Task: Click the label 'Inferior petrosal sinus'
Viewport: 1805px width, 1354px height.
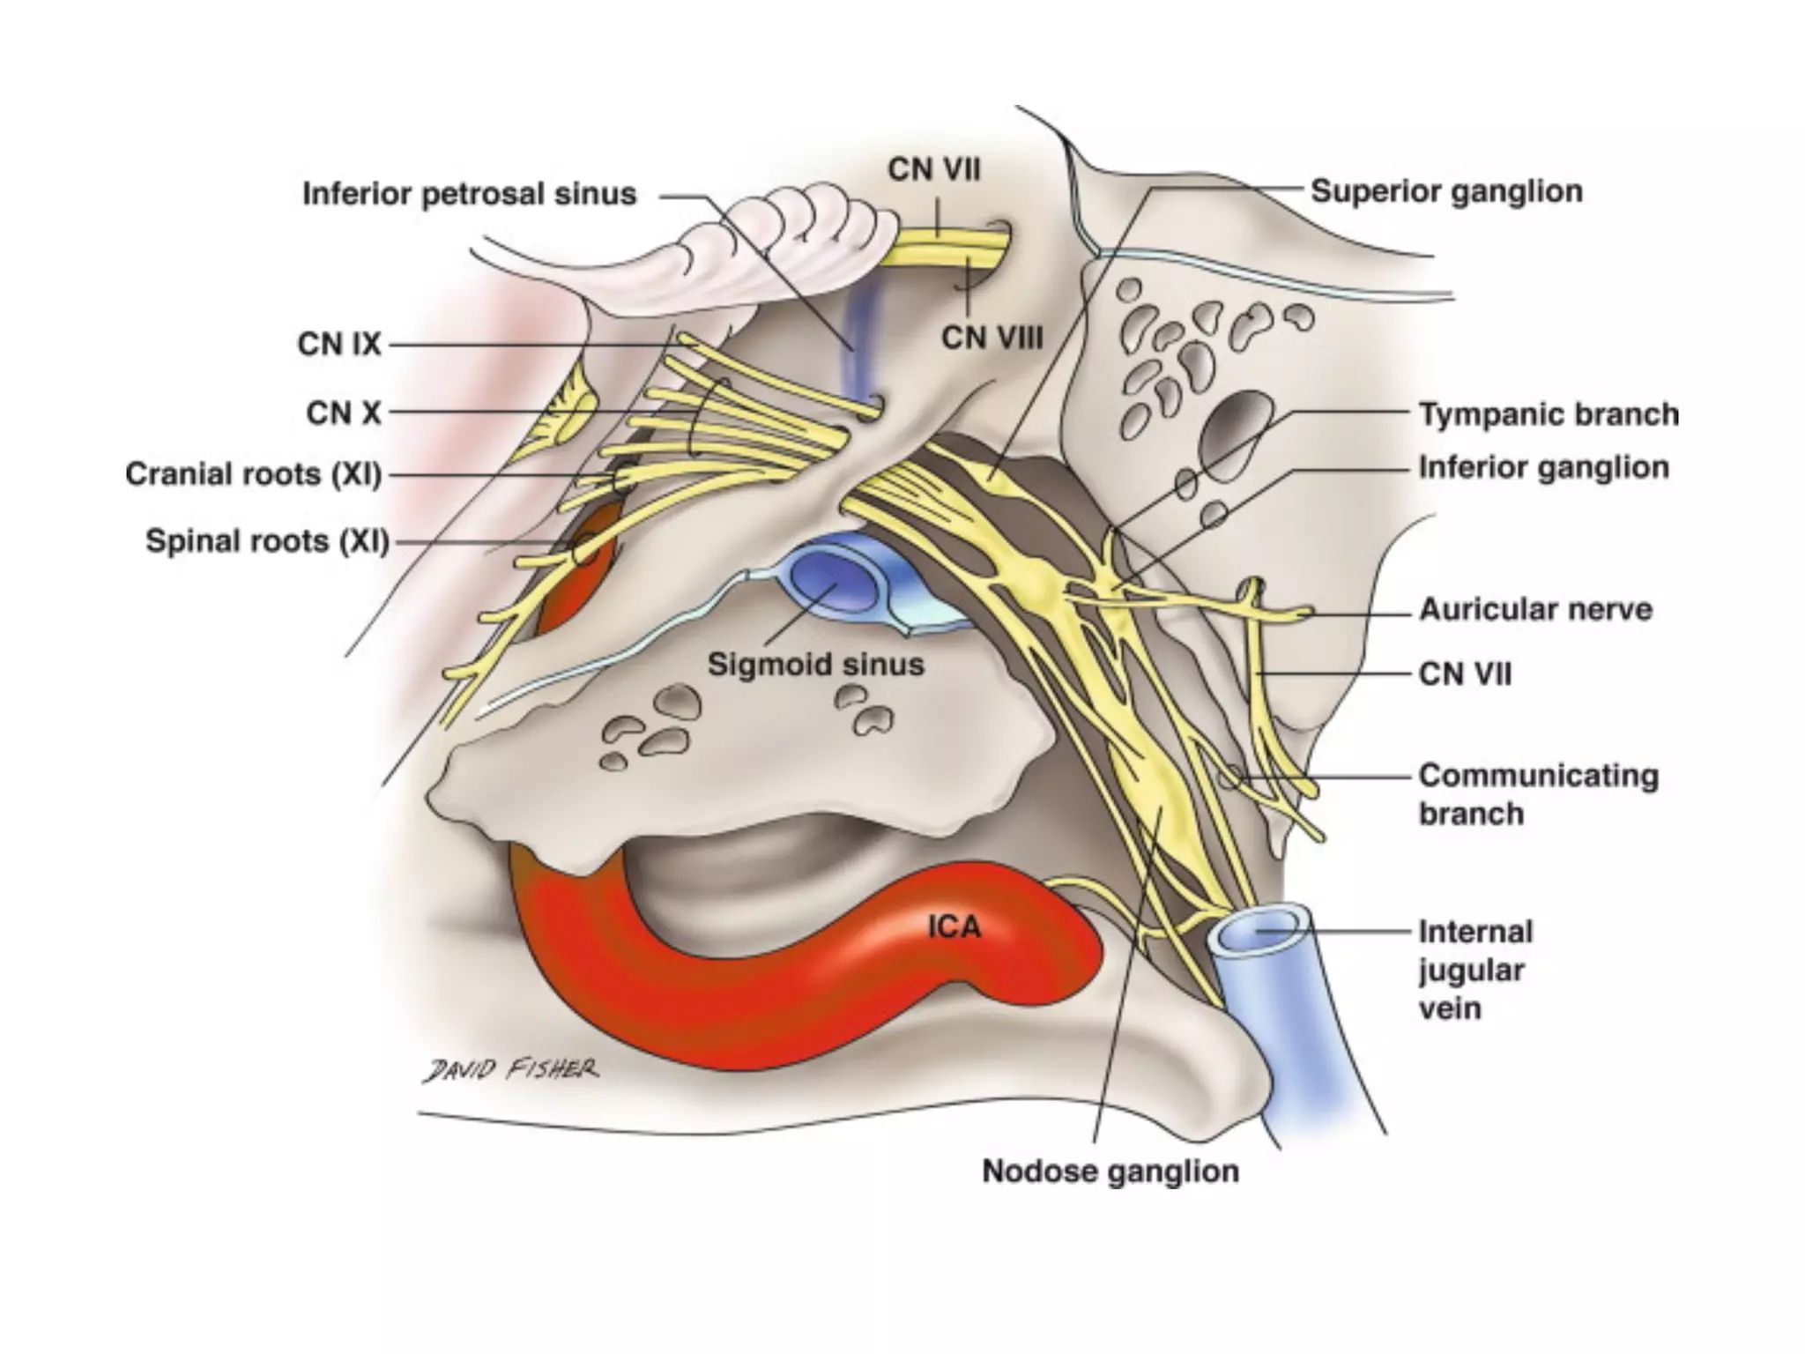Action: click(469, 194)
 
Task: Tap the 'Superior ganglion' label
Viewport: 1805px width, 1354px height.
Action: click(1446, 191)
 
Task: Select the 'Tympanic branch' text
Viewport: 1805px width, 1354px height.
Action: click(1549, 414)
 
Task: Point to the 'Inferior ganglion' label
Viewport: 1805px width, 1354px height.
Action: click(1543, 468)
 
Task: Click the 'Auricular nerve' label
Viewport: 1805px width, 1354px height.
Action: click(1535, 610)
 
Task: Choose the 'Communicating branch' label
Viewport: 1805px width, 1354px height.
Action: click(1538, 794)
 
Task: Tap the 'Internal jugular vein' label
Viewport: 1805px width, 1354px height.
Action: click(1475, 970)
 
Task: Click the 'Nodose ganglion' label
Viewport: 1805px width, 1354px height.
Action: click(1110, 1172)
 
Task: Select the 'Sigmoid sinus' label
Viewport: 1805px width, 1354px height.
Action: click(815, 665)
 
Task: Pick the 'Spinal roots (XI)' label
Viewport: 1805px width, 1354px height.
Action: click(267, 541)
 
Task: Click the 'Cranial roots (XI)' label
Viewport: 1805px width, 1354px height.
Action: click(254, 474)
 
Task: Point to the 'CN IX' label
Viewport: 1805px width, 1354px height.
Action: click(339, 344)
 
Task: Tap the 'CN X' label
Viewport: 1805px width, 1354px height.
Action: click(344, 413)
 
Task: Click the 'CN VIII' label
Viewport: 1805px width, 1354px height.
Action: click(992, 338)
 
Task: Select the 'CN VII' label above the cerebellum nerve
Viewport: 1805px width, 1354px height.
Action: click(933, 169)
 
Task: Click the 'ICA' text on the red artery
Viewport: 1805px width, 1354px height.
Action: click(954, 926)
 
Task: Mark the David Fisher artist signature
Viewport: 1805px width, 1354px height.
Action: click(510, 1070)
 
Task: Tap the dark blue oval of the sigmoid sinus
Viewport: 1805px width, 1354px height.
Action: click(833, 577)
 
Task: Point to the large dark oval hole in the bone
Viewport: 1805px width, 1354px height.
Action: click(1234, 432)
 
